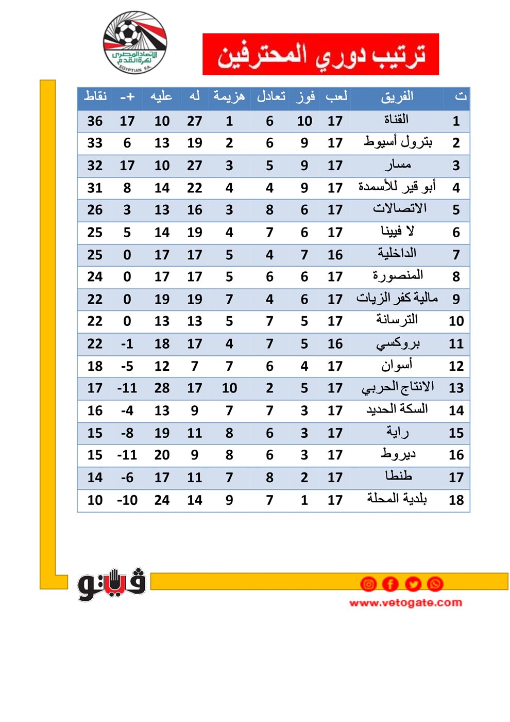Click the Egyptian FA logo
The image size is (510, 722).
(x=135, y=42)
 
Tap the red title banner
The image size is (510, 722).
(x=320, y=54)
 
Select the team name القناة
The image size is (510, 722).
(x=396, y=120)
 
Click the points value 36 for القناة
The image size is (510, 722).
(x=95, y=121)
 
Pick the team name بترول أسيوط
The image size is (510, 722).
(x=398, y=142)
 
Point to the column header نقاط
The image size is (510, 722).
(x=95, y=96)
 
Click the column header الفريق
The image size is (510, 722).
(x=397, y=96)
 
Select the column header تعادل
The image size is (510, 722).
(x=271, y=96)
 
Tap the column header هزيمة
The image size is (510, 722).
(x=229, y=96)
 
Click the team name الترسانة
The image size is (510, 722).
(x=397, y=320)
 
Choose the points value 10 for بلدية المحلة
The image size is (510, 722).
(x=95, y=500)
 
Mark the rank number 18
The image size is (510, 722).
(x=456, y=500)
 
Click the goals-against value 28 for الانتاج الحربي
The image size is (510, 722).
(x=162, y=388)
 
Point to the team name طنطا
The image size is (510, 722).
(x=398, y=476)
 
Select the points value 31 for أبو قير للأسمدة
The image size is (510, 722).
(x=95, y=188)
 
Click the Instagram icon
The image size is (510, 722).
(x=368, y=584)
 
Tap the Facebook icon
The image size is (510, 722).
(x=390, y=584)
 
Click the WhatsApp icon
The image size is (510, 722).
(x=435, y=584)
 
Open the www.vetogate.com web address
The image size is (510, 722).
(x=405, y=602)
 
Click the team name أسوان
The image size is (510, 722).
(x=397, y=366)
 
